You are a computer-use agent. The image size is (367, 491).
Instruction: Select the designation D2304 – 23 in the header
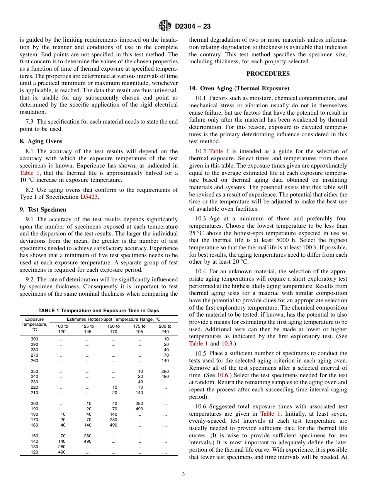click(x=193, y=27)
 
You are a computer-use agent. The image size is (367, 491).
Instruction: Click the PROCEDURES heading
click(x=268, y=74)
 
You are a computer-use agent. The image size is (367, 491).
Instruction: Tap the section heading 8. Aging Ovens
click(x=41, y=141)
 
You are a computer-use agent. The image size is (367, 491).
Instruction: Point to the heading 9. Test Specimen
click(x=43, y=210)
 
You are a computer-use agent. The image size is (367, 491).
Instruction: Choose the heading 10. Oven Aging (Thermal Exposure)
click(x=239, y=88)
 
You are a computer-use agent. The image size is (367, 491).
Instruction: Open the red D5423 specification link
click(x=89, y=197)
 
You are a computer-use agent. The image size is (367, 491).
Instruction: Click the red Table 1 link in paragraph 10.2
click(x=219, y=151)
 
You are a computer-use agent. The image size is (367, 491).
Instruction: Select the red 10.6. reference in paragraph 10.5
click(x=223, y=375)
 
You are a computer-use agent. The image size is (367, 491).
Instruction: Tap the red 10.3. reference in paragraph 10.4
click(x=227, y=344)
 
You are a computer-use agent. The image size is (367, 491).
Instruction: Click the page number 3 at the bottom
click(x=183, y=474)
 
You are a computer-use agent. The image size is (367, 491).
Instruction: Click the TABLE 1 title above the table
click(x=99, y=311)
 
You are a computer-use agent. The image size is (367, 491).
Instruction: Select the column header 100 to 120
click(x=62, y=329)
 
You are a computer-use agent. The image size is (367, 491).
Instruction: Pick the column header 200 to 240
click(x=165, y=329)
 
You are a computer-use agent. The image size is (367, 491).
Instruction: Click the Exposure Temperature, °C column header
click(x=34, y=324)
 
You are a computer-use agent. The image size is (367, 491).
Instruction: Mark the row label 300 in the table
click(x=34, y=339)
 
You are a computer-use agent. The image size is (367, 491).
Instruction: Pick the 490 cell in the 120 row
click(x=62, y=452)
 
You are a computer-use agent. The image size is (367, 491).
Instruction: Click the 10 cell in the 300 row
click(x=166, y=339)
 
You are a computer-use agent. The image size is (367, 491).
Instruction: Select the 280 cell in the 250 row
click(x=165, y=371)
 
